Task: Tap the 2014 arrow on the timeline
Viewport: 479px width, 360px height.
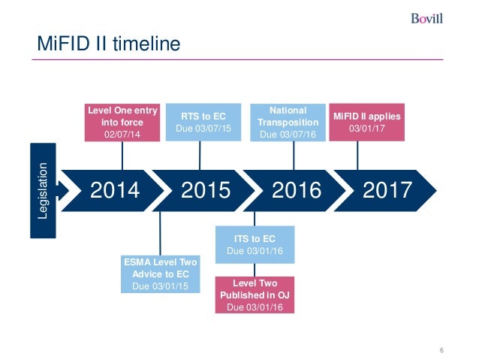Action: pos(115,190)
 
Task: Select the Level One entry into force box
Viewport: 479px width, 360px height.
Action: pos(122,122)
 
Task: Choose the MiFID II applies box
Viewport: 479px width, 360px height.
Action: pos(367,122)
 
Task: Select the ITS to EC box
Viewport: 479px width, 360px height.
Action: pos(254,244)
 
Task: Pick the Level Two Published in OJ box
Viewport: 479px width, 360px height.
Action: pos(254,295)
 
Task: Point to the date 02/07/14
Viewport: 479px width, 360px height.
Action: pos(122,135)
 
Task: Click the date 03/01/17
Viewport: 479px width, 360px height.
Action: pos(367,129)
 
